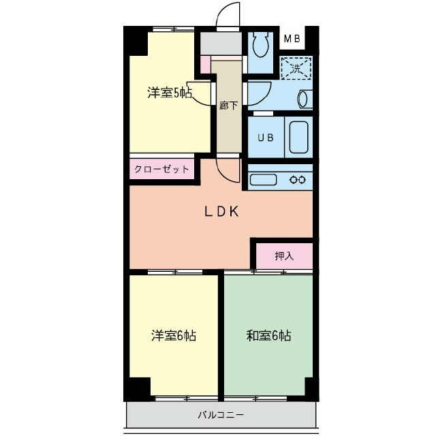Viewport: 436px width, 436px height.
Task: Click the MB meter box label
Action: coord(292,39)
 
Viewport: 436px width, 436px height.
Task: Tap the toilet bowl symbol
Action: coord(260,44)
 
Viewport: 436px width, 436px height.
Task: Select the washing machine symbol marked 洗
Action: coord(296,68)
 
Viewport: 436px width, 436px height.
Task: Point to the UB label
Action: coord(266,138)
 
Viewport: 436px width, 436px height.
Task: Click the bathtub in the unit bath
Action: coord(299,138)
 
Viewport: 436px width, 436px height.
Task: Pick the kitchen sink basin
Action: coord(263,179)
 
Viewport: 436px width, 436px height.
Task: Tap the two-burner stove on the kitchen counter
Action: coord(298,180)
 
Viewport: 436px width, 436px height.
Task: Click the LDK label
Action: coord(221,212)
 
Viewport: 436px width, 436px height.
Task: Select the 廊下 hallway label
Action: coord(228,106)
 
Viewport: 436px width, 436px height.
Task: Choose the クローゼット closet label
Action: coord(161,169)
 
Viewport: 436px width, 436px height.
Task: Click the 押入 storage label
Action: coord(284,256)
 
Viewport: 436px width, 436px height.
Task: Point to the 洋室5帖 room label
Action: coord(170,93)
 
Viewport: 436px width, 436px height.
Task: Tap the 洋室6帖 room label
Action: coord(174,336)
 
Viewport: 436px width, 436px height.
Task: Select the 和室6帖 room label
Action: coord(268,336)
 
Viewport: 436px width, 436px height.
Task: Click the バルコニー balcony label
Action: coord(221,415)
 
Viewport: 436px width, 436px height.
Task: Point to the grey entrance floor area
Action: coord(221,44)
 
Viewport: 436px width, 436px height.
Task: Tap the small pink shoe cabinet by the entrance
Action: coord(206,65)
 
